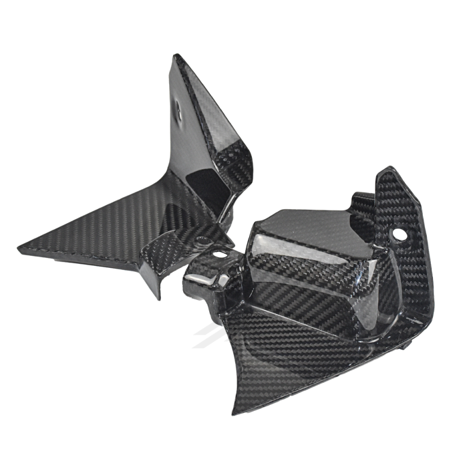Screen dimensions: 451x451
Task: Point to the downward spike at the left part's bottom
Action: pos(157,297)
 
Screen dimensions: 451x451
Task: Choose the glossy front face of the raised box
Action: pos(282,254)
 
